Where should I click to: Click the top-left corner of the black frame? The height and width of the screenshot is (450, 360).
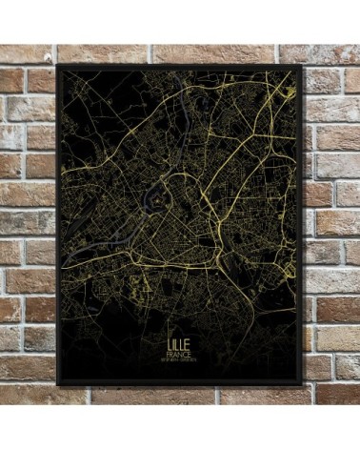pos(57,66)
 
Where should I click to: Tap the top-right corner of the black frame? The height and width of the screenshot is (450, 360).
pos(304,66)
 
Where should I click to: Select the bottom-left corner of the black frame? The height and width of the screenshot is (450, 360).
pos(57,385)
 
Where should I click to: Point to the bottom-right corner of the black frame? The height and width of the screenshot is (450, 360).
pos(304,385)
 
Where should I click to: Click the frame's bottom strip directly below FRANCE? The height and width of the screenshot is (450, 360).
pos(180,382)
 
